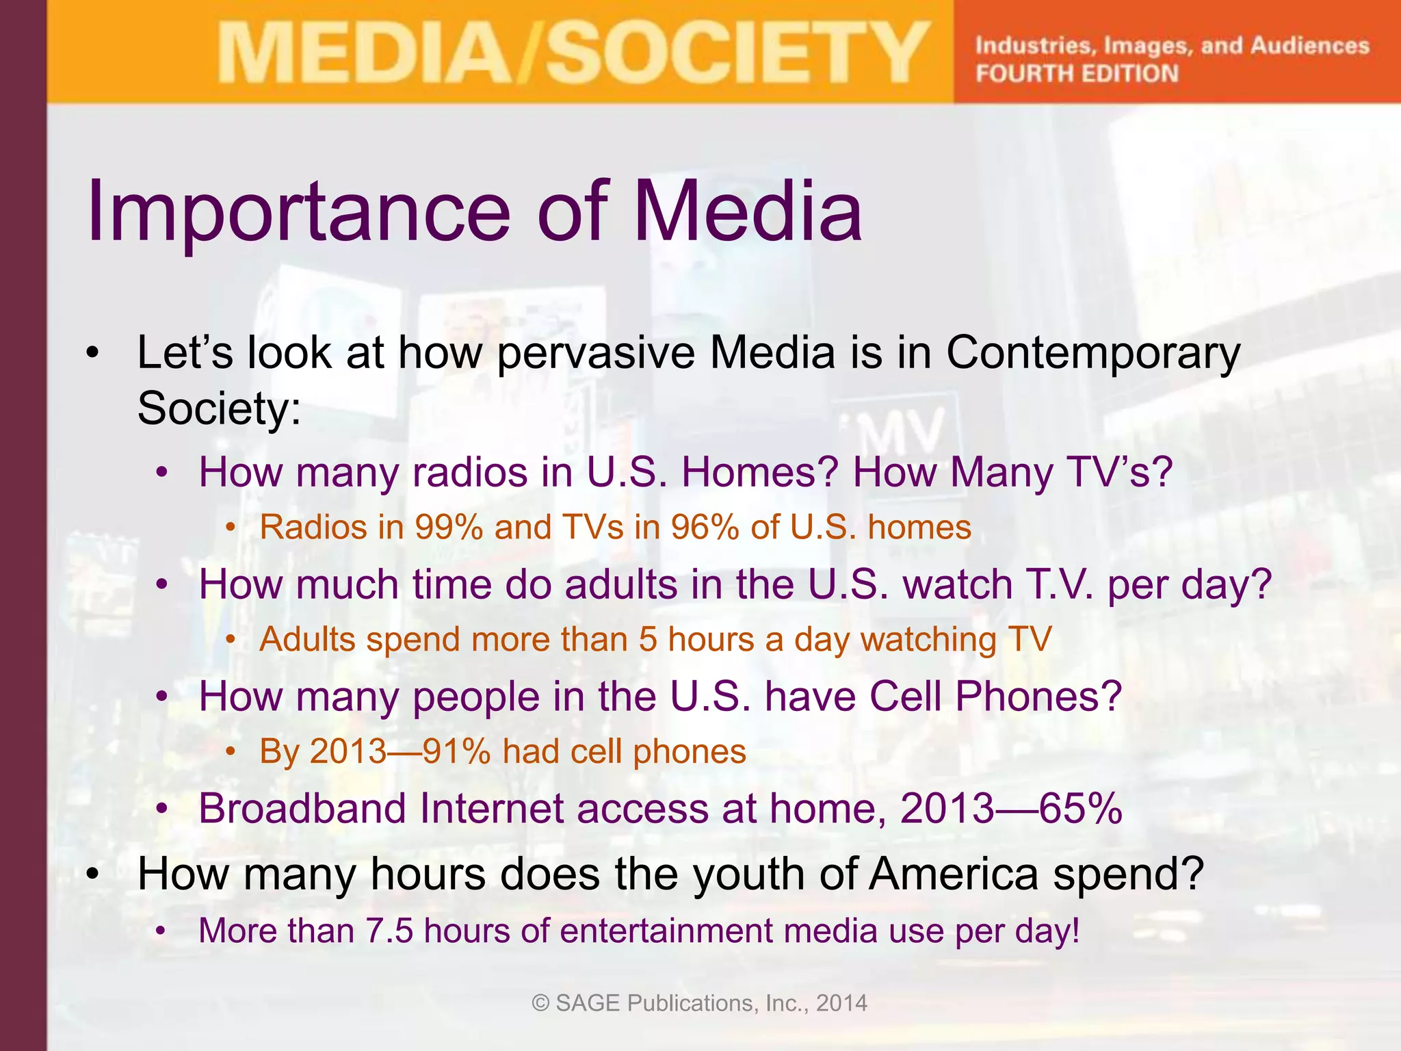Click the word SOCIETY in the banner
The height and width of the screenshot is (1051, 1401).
click(x=735, y=53)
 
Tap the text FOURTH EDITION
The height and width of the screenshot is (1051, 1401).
click(x=1077, y=73)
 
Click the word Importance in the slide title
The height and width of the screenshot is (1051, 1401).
click(x=298, y=212)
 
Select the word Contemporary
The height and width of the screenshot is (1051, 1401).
click(x=1092, y=354)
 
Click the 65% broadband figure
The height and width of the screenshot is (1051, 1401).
click(x=1081, y=809)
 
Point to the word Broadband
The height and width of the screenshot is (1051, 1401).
click(x=302, y=809)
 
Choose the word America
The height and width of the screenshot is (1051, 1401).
click(x=954, y=875)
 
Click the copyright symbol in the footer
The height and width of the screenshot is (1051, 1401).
click(x=540, y=1003)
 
